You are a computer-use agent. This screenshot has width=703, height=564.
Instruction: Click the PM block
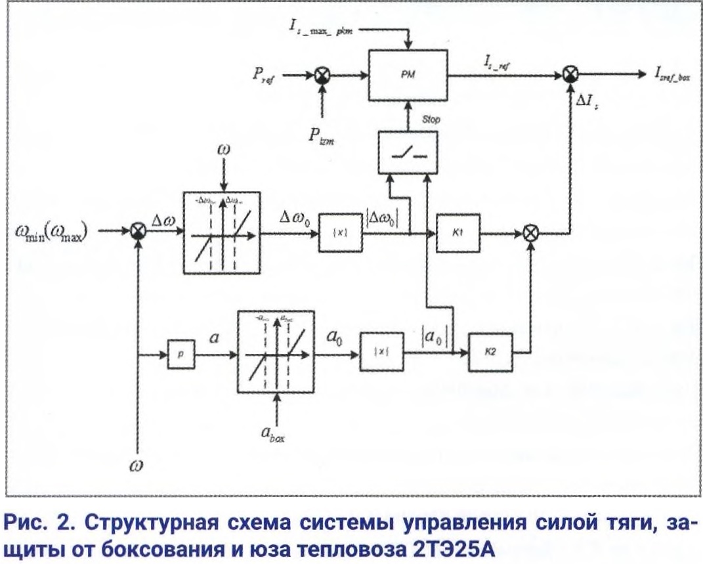click(407, 75)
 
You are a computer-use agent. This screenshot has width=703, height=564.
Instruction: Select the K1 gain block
click(458, 232)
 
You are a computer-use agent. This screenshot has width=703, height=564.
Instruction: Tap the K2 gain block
click(490, 353)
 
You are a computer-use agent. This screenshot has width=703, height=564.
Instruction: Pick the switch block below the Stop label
click(407, 151)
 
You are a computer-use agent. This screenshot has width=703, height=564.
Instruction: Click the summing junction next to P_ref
click(322, 76)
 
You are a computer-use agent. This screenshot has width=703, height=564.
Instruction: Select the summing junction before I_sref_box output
click(572, 75)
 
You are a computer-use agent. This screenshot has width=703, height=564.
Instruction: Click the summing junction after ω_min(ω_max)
click(138, 231)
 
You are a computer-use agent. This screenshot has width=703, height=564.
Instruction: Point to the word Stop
click(431, 119)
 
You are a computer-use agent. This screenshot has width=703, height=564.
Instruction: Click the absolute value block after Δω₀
click(341, 233)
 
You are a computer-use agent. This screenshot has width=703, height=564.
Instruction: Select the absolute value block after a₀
click(381, 353)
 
